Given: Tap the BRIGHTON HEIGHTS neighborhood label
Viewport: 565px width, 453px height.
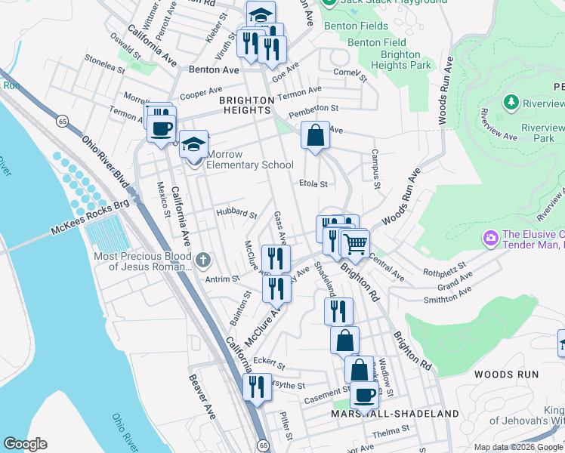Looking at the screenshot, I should click(x=246, y=105).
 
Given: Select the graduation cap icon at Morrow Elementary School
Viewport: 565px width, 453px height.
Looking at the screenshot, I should click(x=194, y=143).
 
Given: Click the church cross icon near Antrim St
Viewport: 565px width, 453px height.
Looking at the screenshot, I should click(x=202, y=261).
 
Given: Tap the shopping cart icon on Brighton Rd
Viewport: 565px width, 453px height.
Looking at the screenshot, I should click(x=354, y=244).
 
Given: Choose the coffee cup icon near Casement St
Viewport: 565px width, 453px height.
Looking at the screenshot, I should click(x=365, y=394).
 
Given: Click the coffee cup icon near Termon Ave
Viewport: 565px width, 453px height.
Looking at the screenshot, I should click(x=162, y=127).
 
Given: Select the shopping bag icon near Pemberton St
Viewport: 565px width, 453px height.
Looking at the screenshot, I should click(x=316, y=136).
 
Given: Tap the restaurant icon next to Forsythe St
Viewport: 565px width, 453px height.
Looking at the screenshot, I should click(x=257, y=387).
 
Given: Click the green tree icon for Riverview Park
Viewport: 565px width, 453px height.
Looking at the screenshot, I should click(x=511, y=102).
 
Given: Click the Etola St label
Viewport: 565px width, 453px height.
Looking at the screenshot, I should click(x=313, y=183).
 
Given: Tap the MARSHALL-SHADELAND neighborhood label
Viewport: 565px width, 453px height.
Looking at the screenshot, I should click(x=394, y=414).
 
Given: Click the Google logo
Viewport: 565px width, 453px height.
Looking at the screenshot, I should click(x=26, y=444).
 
